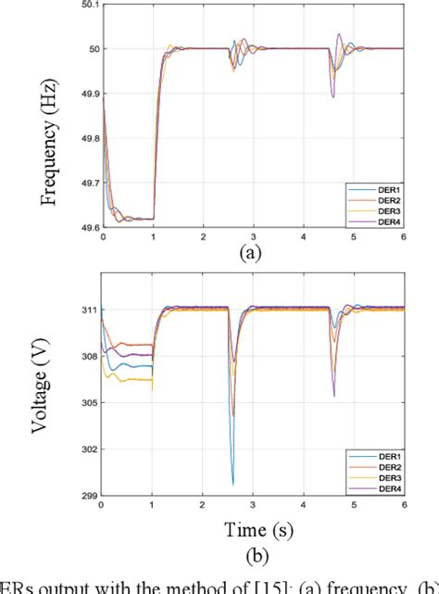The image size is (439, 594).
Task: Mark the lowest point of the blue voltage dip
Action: coord(232,483)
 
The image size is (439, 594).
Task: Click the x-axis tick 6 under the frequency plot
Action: coord(403,238)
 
